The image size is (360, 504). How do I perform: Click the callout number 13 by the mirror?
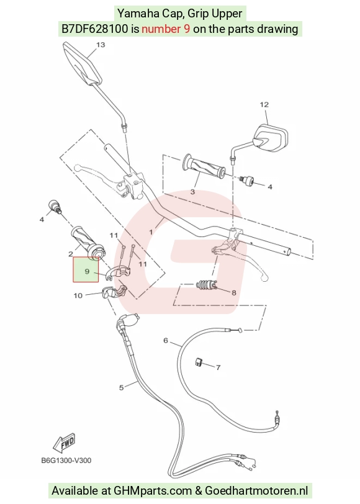(101, 45)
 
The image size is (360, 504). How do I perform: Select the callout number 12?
(264, 104)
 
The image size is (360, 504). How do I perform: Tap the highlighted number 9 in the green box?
(87, 271)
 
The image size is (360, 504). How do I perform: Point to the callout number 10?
(78, 295)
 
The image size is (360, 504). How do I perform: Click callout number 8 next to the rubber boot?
(233, 292)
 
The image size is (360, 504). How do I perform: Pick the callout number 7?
(218, 367)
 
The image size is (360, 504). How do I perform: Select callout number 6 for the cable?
(166, 340)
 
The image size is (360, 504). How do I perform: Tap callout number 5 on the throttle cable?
(121, 388)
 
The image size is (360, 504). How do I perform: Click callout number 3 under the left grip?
(192, 192)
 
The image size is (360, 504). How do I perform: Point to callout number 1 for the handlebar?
(151, 232)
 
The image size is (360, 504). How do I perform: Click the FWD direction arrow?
(65, 443)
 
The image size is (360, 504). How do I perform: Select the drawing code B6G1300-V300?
(66, 461)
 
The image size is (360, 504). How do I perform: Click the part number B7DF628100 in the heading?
(95, 29)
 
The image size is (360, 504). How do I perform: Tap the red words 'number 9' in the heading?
(166, 29)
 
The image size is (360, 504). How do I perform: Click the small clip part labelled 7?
(199, 362)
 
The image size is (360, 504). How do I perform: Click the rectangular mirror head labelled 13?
(83, 64)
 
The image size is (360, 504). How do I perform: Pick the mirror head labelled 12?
(271, 138)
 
